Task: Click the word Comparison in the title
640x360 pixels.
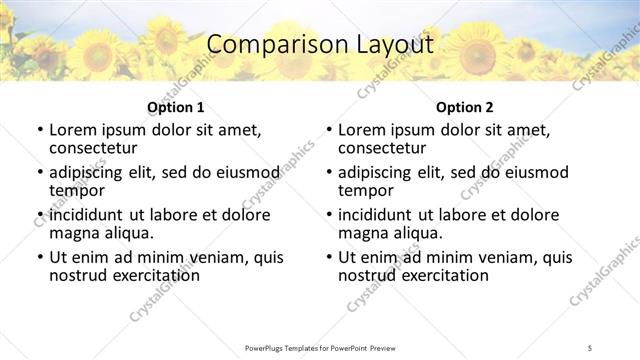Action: click(x=268, y=44)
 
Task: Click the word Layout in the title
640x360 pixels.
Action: click(x=391, y=44)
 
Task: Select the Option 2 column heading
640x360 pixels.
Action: click(x=464, y=107)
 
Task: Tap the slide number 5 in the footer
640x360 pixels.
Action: click(x=590, y=347)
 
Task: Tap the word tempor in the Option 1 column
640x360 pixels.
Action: click(x=76, y=190)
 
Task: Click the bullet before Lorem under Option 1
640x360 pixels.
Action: click(x=39, y=130)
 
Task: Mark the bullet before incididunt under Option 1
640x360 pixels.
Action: click(x=39, y=215)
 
